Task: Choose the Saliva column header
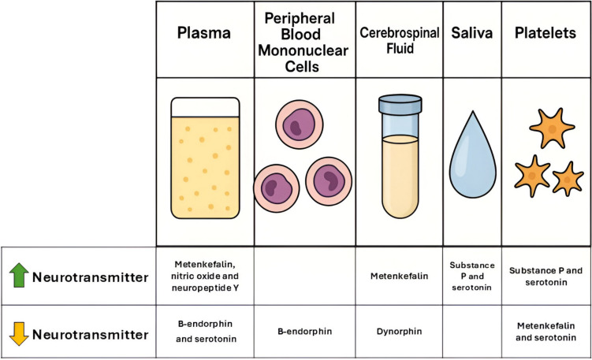click(472, 34)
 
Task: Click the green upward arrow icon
click(19, 276)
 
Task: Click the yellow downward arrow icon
click(19, 334)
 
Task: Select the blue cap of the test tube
click(400, 105)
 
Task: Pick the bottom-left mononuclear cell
click(277, 187)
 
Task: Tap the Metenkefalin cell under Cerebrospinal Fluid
click(399, 276)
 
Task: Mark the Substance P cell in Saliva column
click(472, 276)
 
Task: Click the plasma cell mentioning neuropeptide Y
click(205, 276)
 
